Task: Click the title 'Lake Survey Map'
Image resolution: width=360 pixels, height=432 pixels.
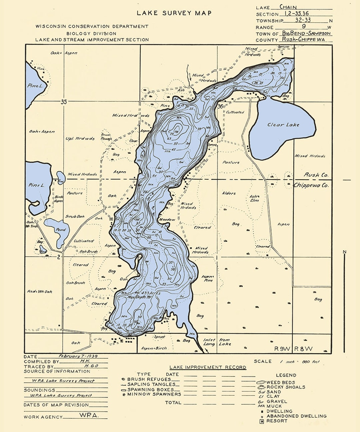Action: (174, 13)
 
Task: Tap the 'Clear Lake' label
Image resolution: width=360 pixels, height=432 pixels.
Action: (283, 125)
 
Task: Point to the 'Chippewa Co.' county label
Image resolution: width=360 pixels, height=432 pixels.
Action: (311, 185)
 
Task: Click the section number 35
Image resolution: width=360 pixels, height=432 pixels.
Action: (64, 102)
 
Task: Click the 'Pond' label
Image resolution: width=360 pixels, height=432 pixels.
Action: (61, 230)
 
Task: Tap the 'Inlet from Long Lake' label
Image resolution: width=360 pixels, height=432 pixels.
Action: (217, 342)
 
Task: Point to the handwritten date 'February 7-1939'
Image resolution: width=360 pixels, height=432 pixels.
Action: (78, 356)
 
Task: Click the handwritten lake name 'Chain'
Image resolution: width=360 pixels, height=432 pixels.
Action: (288, 7)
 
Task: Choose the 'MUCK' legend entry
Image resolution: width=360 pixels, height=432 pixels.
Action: (274, 406)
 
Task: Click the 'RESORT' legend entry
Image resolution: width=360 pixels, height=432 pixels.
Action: (277, 421)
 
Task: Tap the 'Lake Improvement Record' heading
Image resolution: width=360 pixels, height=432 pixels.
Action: (208, 367)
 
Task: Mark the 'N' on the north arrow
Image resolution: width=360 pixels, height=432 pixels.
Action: (345, 252)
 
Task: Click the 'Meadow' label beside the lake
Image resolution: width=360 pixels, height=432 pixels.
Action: (167, 220)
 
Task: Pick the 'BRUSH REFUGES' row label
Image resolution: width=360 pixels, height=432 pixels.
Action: (149, 379)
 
